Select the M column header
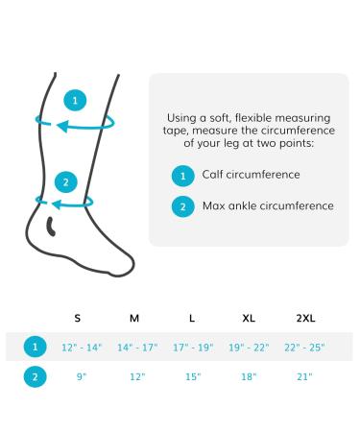(134, 318)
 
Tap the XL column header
(249, 318)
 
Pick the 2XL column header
(305, 318)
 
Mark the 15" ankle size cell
(192, 376)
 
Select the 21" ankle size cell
(305, 376)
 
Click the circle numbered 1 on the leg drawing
(77, 99)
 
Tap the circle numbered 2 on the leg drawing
(65, 181)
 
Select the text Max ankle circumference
(268, 205)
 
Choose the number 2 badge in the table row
(34, 376)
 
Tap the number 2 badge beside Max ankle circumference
(182, 205)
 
